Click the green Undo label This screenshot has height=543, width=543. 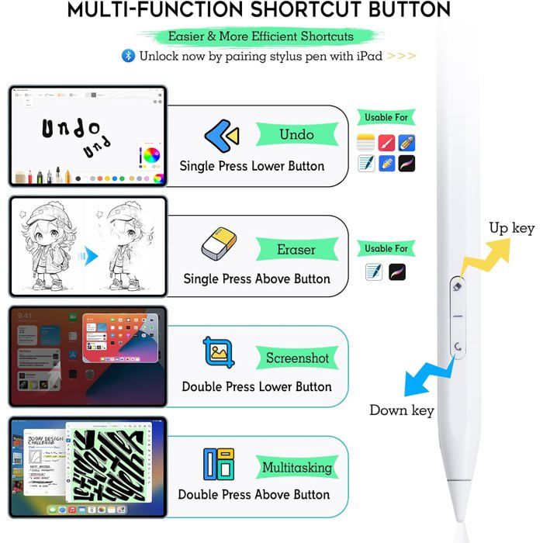(296, 135)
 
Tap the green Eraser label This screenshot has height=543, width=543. (296, 250)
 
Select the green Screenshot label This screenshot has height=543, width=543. (297, 358)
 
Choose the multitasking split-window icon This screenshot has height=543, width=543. (219, 463)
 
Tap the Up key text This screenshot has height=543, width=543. (511, 228)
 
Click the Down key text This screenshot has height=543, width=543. (401, 410)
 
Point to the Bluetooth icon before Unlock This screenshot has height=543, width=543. (128, 56)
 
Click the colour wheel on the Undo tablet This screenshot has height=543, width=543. (150, 154)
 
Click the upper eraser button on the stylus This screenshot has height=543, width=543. (458, 286)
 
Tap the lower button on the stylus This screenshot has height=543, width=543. (458, 347)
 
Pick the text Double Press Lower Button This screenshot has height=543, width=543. (257, 386)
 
